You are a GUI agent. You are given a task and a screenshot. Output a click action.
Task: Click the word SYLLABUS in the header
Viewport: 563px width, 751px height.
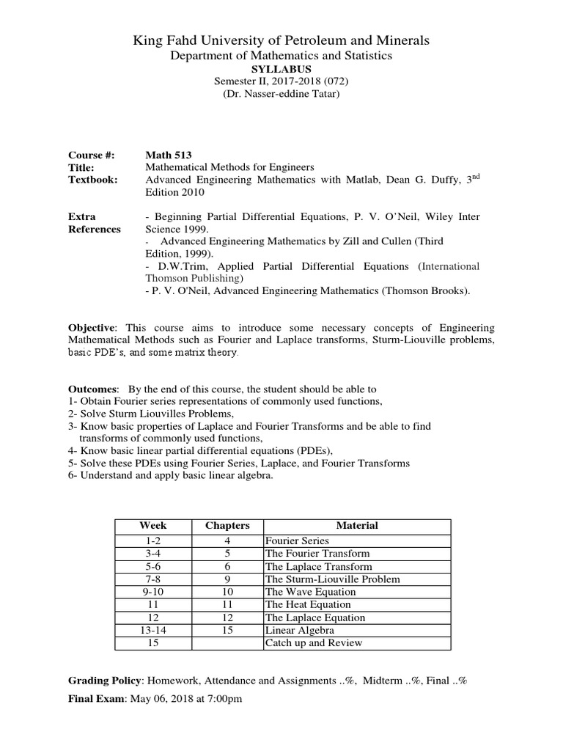[281, 69]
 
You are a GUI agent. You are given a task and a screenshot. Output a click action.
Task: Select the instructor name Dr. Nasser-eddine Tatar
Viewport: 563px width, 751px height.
[281, 95]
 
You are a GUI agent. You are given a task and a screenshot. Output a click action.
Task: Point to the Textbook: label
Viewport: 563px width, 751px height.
[92, 180]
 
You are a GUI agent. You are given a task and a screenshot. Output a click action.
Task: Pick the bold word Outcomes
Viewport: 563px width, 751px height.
[92, 389]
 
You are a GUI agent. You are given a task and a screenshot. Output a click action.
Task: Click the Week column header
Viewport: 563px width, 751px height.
[152, 526]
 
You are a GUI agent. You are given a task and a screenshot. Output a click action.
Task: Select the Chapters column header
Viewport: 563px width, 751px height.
[227, 526]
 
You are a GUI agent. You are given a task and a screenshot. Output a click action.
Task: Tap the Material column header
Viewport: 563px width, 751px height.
[357, 526]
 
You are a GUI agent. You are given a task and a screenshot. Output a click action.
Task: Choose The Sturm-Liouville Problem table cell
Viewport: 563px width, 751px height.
[332, 579]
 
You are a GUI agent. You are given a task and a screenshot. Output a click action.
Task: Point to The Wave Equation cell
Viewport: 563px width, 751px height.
[310, 592]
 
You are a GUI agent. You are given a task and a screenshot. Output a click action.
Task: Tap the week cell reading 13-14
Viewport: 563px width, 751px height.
[152, 631]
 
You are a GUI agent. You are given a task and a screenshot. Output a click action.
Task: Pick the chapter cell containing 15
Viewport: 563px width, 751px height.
[227, 631]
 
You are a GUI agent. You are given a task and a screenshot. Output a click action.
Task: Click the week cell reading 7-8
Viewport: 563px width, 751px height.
[152, 579]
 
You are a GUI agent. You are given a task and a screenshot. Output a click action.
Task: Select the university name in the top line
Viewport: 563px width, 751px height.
[281, 40]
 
